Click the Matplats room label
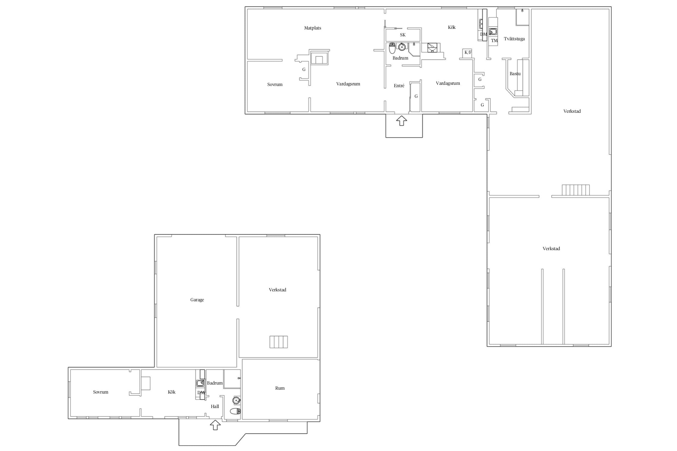[313, 28]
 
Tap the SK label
[403, 35]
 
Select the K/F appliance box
[468, 53]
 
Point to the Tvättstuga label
[514, 39]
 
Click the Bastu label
[515, 74]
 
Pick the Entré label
[399, 86]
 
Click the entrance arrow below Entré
[401, 121]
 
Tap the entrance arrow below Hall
[215, 425]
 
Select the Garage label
[197, 300]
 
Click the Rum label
[280, 388]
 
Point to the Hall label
[215, 407]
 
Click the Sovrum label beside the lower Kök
[100, 392]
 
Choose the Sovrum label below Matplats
[275, 84]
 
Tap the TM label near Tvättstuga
[494, 41]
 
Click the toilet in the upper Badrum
[392, 48]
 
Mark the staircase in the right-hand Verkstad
[576, 190]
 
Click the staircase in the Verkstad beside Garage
[279, 342]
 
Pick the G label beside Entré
[416, 97]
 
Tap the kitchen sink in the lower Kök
[200, 383]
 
